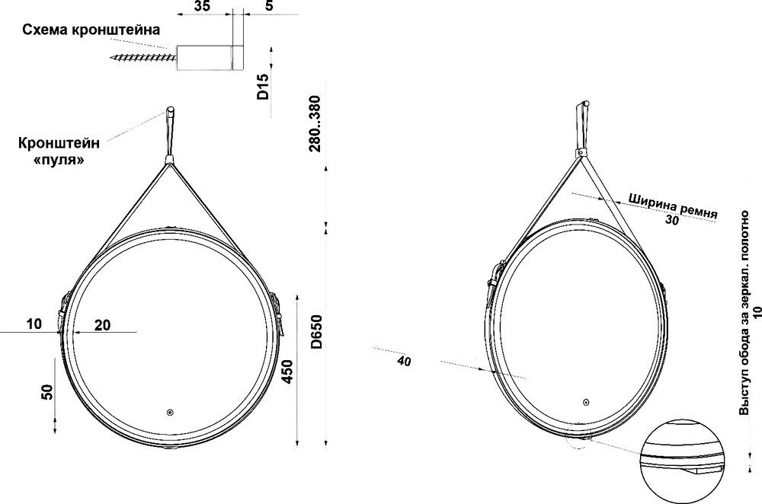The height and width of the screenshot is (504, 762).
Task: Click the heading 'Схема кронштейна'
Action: [91, 30]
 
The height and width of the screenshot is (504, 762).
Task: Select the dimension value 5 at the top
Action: [270, 6]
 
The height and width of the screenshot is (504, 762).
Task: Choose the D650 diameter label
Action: [316, 332]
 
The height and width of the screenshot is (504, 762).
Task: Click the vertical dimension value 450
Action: [288, 372]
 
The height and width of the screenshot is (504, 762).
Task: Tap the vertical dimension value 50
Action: [47, 392]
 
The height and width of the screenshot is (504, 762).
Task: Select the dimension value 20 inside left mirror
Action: [102, 325]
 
